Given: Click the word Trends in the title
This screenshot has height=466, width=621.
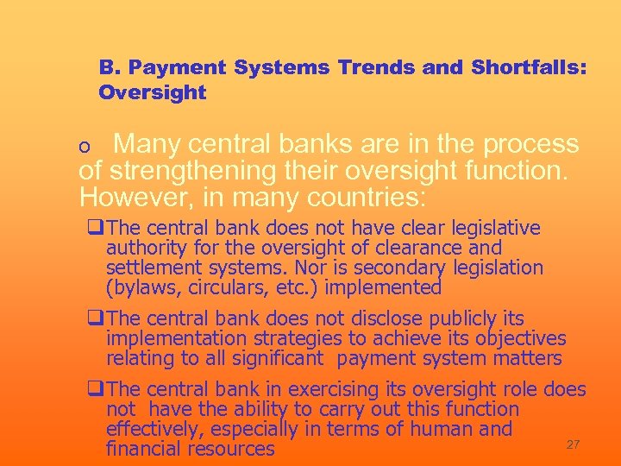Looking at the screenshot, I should (x=373, y=66).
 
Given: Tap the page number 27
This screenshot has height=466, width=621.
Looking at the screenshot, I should (x=572, y=444).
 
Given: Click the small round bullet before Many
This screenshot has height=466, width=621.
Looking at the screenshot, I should (x=84, y=148).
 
